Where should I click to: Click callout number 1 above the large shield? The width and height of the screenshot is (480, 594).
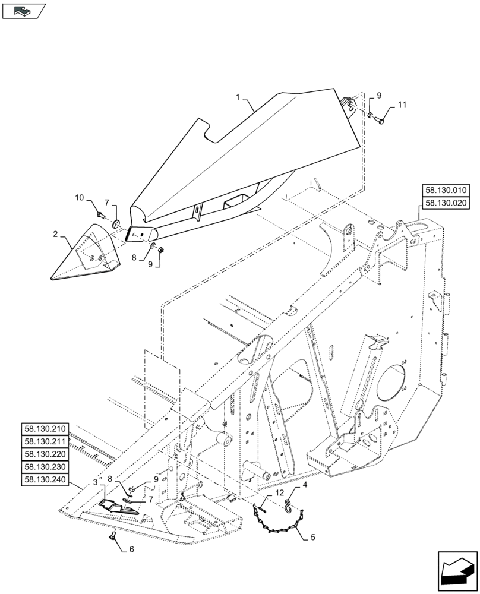coord(238,96)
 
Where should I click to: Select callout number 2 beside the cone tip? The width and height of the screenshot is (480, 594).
coord(55,235)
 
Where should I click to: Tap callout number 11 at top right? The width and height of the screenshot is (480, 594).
coord(402,105)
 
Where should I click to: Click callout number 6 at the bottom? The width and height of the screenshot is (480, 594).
coord(132,549)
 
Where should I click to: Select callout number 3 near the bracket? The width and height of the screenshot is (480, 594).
coord(95,482)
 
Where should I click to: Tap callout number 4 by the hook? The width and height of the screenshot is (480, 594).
coord(305,484)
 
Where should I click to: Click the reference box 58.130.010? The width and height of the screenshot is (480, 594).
coord(446,191)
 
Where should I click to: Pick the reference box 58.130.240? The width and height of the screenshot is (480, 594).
coord(46,479)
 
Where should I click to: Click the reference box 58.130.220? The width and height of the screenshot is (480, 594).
coord(46,454)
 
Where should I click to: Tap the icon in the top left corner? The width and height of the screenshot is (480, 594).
coord(23,10)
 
